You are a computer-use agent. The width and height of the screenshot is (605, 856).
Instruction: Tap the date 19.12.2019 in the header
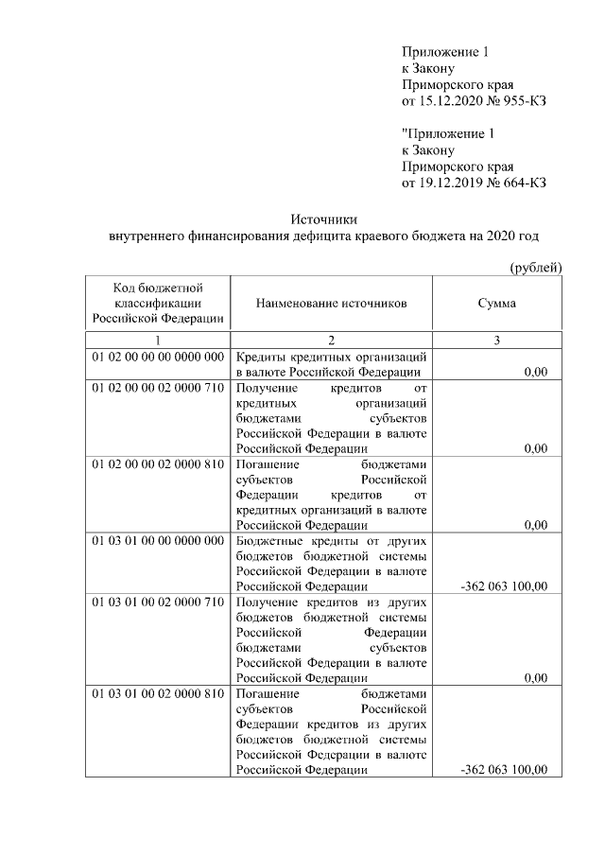click(x=449, y=183)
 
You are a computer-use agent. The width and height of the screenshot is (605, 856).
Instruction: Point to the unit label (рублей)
click(x=536, y=269)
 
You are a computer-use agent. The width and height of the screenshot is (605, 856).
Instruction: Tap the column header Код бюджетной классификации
click(x=158, y=304)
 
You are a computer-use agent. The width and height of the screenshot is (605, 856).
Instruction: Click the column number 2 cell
click(x=331, y=340)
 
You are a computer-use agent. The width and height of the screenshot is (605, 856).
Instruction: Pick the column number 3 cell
click(x=497, y=340)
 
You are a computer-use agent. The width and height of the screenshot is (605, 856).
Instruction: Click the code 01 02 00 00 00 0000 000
click(x=158, y=358)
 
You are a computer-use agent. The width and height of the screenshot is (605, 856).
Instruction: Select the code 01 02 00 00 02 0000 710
click(x=158, y=389)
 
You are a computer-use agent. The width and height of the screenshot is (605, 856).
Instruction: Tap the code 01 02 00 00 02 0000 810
click(x=158, y=464)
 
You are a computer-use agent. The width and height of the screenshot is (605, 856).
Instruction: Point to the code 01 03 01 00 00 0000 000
click(x=158, y=541)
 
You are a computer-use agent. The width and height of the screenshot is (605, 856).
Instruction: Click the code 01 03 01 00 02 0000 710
click(x=158, y=602)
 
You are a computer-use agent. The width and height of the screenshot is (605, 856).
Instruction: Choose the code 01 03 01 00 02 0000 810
click(x=158, y=693)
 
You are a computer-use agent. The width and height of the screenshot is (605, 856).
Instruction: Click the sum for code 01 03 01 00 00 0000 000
click(x=503, y=586)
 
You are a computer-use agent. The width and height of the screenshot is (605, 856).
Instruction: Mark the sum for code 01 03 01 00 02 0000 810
click(x=503, y=769)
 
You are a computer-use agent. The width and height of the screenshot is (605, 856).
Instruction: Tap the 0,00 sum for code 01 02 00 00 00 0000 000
click(x=535, y=373)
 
